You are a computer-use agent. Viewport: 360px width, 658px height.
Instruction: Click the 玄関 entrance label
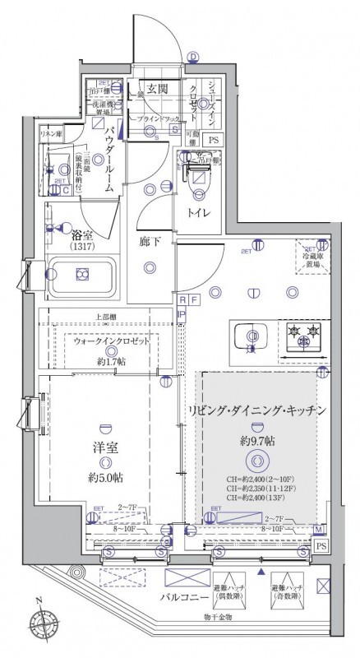(x=158, y=88)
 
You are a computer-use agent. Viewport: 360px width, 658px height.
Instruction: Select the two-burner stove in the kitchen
(x=300, y=335)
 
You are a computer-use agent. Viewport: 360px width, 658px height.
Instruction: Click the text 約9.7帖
(x=257, y=441)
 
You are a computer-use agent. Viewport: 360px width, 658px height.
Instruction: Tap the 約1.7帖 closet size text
(x=111, y=362)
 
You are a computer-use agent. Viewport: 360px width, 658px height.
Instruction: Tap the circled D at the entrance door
(x=193, y=57)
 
